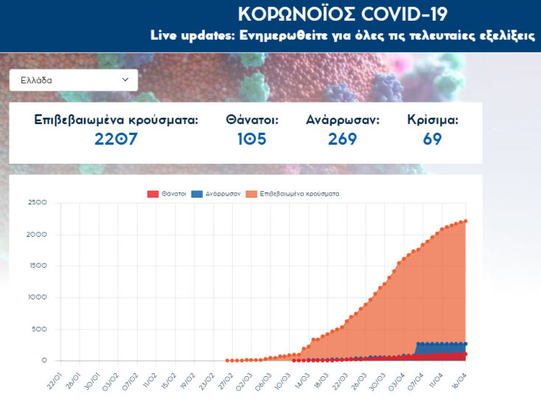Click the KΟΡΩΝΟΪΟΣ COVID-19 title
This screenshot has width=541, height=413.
343,13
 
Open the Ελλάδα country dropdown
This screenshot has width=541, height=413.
74,80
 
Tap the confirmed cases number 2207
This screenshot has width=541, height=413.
116,139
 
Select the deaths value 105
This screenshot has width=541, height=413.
251,139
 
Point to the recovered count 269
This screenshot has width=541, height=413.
342,139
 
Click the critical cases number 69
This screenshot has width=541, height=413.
433,139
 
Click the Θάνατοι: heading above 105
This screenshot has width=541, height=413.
252,119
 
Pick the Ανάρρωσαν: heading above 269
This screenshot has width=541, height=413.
343,119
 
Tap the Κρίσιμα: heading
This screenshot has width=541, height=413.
433,119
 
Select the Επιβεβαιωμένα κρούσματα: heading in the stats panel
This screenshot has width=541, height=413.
116,119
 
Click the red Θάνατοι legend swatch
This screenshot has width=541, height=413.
153,194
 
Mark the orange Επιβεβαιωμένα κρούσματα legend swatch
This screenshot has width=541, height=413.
251,194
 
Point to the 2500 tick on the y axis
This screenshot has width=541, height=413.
36,202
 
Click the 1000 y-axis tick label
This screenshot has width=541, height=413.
36,297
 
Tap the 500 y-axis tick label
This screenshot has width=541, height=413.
39,329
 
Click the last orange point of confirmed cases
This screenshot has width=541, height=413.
466,221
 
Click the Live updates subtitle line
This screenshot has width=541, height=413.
343,35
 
